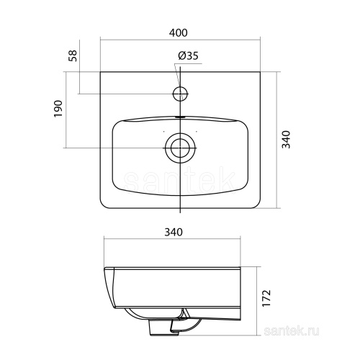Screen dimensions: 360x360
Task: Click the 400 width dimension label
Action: click(178, 33)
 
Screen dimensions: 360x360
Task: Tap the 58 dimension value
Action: click(73, 55)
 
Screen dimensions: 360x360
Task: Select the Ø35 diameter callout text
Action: click(188, 56)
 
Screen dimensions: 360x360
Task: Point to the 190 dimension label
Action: click(58, 109)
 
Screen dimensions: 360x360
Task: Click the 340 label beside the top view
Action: click(286, 140)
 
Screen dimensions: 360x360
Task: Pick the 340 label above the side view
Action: click(174, 232)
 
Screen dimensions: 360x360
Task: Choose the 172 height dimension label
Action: click(266, 298)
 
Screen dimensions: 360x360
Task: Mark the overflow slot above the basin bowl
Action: click(180, 117)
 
